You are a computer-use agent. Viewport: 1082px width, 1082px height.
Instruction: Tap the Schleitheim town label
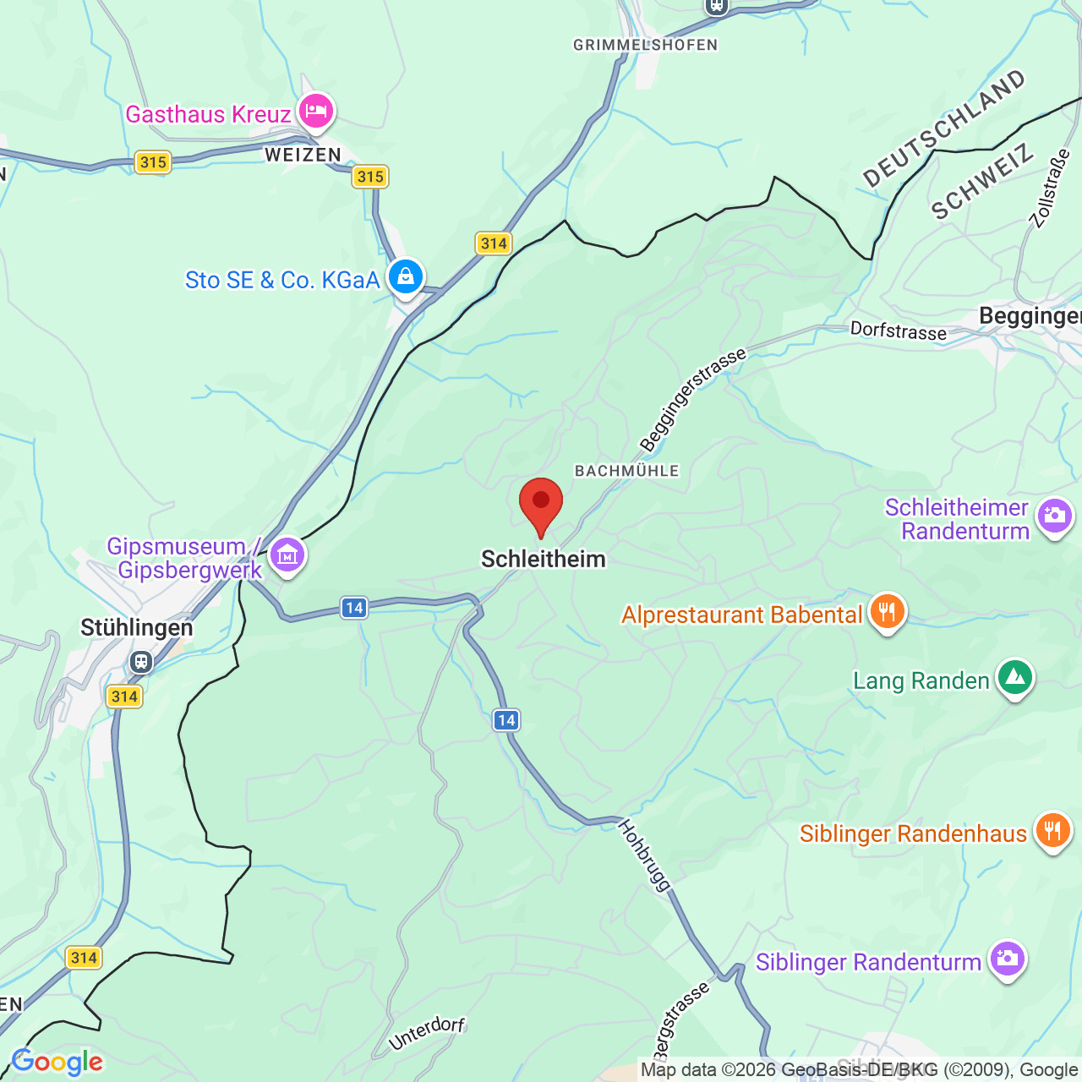click(543, 559)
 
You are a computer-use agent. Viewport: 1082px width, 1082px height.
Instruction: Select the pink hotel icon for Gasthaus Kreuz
click(317, 112)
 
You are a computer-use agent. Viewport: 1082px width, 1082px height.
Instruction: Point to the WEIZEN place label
click(303, 155)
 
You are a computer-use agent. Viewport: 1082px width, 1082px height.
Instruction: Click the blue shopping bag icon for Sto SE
click(406, 277)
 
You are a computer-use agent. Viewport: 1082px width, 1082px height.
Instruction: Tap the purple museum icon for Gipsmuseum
click(287, 556)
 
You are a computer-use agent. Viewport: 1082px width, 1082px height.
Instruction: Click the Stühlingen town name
click(137, 627)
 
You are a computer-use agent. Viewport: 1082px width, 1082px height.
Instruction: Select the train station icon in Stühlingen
click(141, 661)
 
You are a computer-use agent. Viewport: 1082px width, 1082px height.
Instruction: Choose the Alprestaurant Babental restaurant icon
click(887, 611)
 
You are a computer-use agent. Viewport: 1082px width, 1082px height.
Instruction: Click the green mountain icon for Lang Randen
click(1015, 678)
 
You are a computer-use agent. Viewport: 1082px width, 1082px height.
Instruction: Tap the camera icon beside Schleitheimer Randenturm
click(1054, 516)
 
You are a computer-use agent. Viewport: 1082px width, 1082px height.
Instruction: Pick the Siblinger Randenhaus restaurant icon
click(1052, 831)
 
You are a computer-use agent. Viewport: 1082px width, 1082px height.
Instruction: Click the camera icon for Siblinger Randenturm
click(1007, 959)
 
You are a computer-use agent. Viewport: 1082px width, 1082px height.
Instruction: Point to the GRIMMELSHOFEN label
click(645, 45)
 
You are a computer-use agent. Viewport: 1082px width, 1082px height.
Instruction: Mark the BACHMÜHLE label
click(626, 471)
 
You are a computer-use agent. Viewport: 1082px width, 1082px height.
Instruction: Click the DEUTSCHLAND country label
click(943, 128)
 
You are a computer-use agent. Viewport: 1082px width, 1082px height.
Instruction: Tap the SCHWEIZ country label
click(982, 182)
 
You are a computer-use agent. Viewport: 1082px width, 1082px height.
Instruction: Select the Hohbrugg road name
click(645, 854)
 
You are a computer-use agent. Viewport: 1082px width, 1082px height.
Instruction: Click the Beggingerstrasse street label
click(692, 399)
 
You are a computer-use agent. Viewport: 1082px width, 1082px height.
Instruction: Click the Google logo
click(57, 1062)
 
